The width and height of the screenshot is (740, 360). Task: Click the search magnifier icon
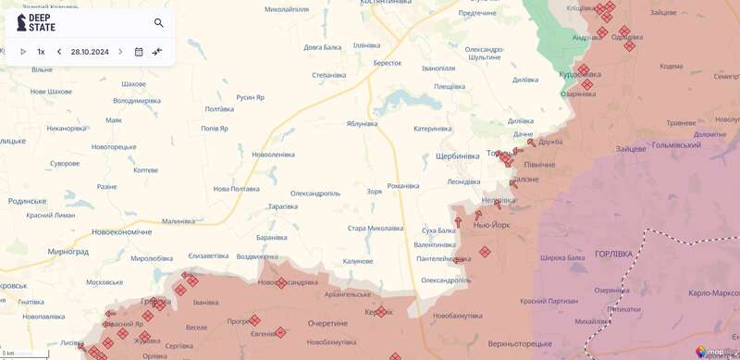click(x=159, y=23)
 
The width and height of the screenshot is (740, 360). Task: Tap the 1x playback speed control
click(x=41, y=52)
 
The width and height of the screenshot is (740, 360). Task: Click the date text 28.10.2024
click(x=90, y=52)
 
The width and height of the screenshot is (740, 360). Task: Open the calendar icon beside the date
click(x=139, y=52)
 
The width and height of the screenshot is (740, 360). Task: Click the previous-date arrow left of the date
click(x=59, y=52)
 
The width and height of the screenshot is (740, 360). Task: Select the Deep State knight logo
click(x=21, y=22)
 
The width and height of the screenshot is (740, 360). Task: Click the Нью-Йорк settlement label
click(x=491, y=225)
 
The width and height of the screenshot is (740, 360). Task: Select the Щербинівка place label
click(x=457, y=155)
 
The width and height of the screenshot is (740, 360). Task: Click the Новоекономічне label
click(x=121, y=232)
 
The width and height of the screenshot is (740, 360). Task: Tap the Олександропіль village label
click(x=315, y=193)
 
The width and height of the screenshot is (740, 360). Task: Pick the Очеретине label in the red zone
click(x=327, y=323)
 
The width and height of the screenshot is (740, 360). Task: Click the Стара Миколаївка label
click(x=375, y=228)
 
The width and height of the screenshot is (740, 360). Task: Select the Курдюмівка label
click(x=580, y=75)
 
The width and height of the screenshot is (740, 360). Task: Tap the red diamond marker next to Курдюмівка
click(x=584, y=69)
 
